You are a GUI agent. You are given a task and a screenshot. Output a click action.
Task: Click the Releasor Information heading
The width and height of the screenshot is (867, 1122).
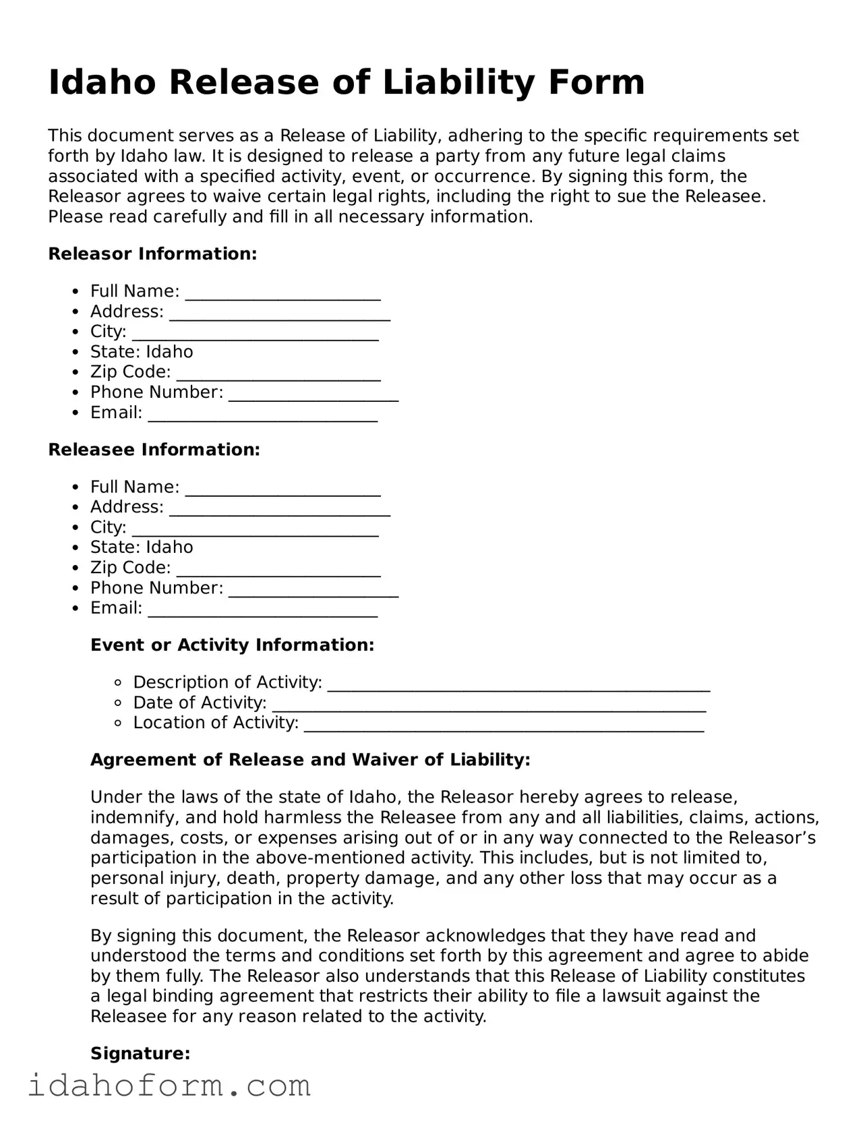coord(152,254)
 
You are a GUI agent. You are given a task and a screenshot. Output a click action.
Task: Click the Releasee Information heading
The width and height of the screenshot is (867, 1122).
coord(154,450)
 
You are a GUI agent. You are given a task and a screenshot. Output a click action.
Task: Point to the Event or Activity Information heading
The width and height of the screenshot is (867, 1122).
coord(232,645)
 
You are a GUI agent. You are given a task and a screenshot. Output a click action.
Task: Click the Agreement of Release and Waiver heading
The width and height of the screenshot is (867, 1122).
coord(310,760)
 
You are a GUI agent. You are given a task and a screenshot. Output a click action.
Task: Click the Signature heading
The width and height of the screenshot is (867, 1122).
coord(140,1053)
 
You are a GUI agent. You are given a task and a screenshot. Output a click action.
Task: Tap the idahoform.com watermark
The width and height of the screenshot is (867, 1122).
coord(169,1086)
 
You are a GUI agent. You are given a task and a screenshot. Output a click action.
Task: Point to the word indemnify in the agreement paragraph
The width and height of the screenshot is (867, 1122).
coord(128,818)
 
